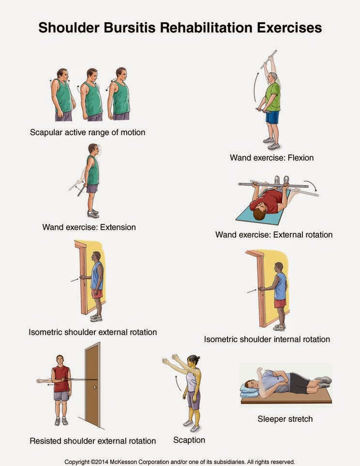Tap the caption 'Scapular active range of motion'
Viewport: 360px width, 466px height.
[87, 132]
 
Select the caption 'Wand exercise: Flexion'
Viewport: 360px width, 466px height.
[271, 158]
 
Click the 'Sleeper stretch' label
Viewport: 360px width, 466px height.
[285, 419]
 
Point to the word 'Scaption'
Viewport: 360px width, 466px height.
[189, 440]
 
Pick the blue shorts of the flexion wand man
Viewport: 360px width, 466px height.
[272, 117]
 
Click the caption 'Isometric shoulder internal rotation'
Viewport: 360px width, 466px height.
[267, 339]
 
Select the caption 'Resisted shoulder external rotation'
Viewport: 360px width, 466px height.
[92, 441]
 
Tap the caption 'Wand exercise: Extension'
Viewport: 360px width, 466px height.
[89, 226]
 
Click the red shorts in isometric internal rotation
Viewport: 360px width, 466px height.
[279, 303]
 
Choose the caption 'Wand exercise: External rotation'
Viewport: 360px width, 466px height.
[274, 235]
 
